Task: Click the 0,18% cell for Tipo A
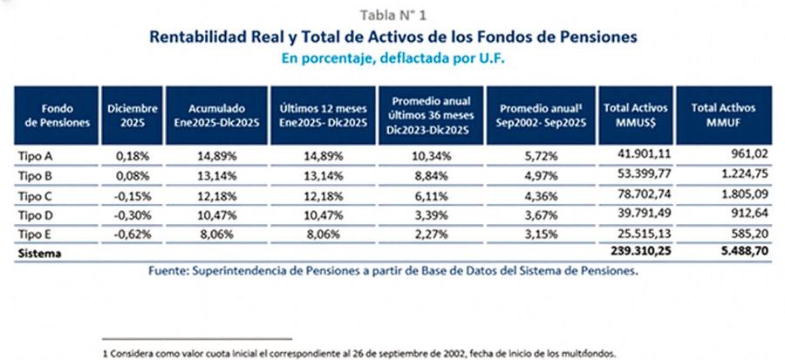click(134, 155)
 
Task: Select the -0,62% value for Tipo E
click(133, 234)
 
